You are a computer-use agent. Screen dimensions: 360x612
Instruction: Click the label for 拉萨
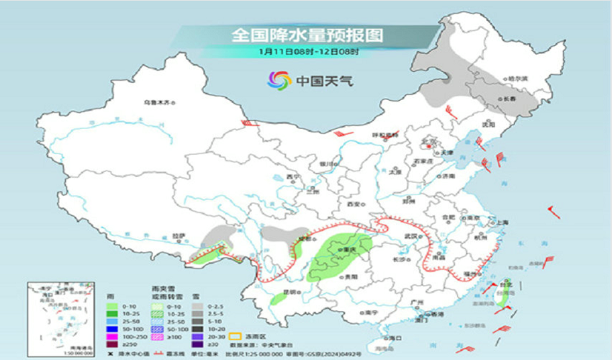click(x=179, y=235)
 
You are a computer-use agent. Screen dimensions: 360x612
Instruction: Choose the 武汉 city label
click(x=412, y=235)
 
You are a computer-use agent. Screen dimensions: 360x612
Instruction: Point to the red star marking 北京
click(x=431, y=141)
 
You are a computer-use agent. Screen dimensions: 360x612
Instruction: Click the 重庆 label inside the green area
click(x=351, y=250)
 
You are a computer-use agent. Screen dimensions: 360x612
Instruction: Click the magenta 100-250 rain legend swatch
click(x=112, y=336)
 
